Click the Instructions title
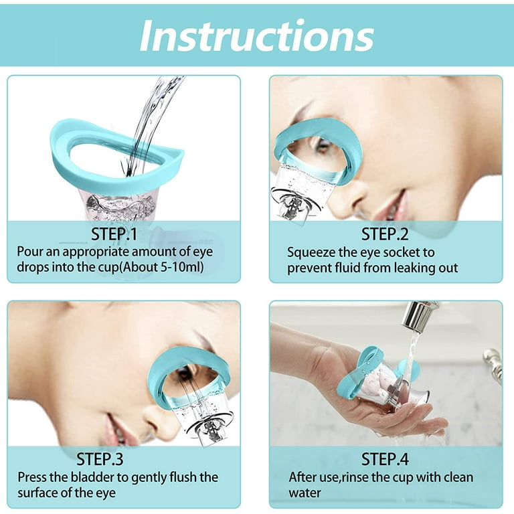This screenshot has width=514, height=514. (257, 35)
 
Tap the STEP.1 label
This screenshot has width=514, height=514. (114, 234)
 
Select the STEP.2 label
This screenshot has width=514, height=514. (385, 234)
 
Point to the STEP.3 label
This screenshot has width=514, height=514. (100, 459)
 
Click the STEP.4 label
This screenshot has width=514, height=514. (385, 459)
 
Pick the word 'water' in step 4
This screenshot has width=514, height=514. (305, 493)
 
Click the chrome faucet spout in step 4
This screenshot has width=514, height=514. (418, 314)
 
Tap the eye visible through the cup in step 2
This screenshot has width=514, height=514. (321, 147)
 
